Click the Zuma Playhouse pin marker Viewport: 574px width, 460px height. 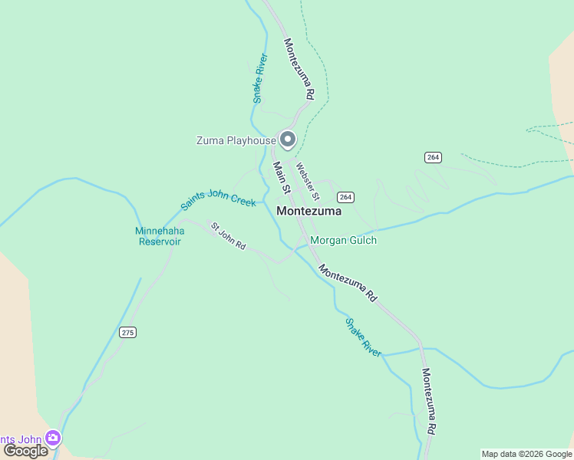tap(288, 139)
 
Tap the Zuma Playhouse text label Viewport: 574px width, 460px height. tap(236, 140)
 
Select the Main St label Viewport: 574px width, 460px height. tap(282, 176)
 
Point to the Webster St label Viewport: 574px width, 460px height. tap(307, 178)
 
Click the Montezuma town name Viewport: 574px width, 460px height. tap(308, 211)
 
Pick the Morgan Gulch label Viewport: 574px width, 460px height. tap(343, 240)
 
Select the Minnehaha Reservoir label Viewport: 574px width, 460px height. tap(159, 235)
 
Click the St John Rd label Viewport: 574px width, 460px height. tap(228, 236)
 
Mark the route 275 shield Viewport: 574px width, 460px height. tap(127, 332)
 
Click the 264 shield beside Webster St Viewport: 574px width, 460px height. tap(345, 197)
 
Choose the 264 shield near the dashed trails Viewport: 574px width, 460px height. tap(433, 157)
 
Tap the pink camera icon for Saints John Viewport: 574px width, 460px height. tap(53, 438)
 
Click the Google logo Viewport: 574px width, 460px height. tap(25, 450)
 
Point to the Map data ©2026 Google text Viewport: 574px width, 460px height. tap(526, 454)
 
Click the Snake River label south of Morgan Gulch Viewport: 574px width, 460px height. tap(363, 337)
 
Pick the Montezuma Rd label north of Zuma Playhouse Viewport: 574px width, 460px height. tap(299, 69)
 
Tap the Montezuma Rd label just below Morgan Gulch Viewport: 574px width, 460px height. tap(349, 283)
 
